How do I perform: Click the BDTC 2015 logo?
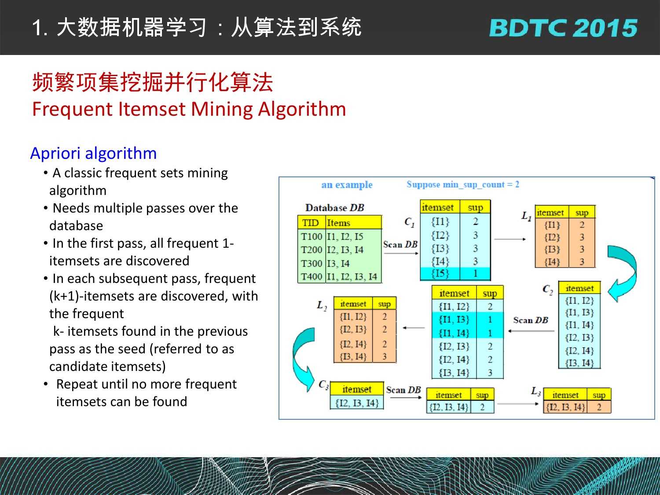pyautogui.click(x=563, y=28)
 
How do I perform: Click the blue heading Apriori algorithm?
pyautogui.click(x=94, y=153)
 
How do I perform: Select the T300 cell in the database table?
pyautogui.click(x=312, y=263)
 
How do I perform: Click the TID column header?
pyautogui.click(x=311, y=223)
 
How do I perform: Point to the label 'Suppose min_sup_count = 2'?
pyautogui.click(x=463, y=184)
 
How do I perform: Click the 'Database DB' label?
pyautogui.click(x=335, y=208)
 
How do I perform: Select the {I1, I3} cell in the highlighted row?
pyautogui.click(x=454, y=319)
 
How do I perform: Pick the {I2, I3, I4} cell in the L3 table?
pyautogui.click(x=565, y=407)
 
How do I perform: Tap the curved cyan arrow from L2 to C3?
pyautogui.click(x=302, y=359)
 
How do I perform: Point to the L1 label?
pyautogui.click(x=526, y=216)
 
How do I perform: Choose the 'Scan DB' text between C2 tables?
pyautogui.click(x=530, y=320)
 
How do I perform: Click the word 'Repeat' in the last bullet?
pyautogui.click(x=77, y=385)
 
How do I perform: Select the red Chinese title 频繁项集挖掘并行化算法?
pyautogui.click(x=153, y=82)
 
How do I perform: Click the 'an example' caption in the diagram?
pyautogui.click(x=347, y=184)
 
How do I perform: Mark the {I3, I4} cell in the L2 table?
pyautogui.click(x=353, y=357)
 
